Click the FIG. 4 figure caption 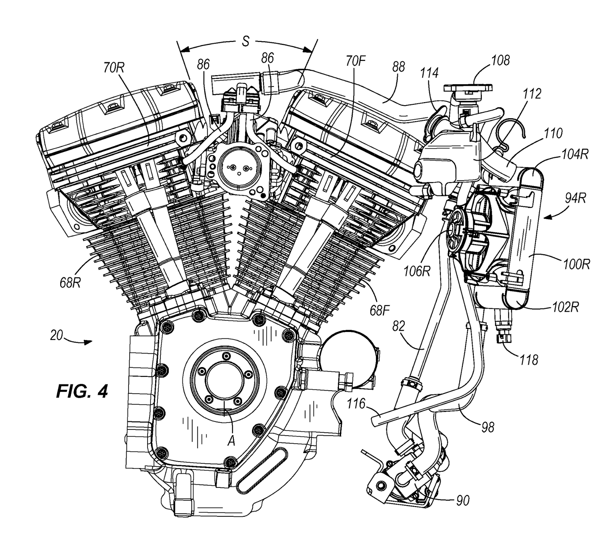click(82, 391)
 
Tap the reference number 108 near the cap click(501, 60)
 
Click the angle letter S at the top click(246, 41)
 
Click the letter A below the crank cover click(231, 441)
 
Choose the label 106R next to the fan click(417, 271)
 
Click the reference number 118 click(528, 360)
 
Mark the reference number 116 click(356, 403)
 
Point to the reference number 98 click(488, 427)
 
